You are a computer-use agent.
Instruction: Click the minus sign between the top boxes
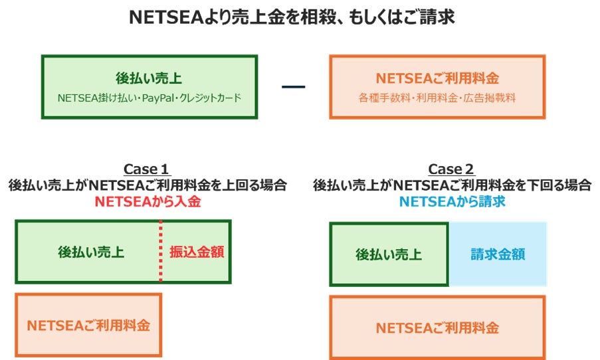pos(293,86)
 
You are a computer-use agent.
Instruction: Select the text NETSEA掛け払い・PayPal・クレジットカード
pos(149,98)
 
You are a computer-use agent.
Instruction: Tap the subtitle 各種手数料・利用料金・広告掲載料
pos(437,98)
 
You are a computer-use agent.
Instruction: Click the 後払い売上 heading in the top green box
pos(149,78)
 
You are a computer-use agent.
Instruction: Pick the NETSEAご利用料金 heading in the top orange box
pos(437,78)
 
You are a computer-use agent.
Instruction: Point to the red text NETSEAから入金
pos(147,202)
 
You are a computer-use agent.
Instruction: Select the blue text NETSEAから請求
pos(451,202)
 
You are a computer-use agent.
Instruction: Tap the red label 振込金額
pos(196,252)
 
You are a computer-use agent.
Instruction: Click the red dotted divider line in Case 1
pos(160,252)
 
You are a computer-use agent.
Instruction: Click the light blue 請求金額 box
pos(498,254)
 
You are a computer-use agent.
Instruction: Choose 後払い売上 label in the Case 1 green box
pos(91,252)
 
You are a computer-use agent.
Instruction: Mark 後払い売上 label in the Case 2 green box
pos(389,254)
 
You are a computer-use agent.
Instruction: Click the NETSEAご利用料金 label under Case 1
pos(88,325)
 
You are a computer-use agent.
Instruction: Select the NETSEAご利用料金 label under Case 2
pos(437,327)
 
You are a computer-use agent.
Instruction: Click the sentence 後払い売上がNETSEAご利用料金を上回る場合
pos(147,185)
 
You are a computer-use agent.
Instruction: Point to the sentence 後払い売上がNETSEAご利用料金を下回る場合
pos(451,185)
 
